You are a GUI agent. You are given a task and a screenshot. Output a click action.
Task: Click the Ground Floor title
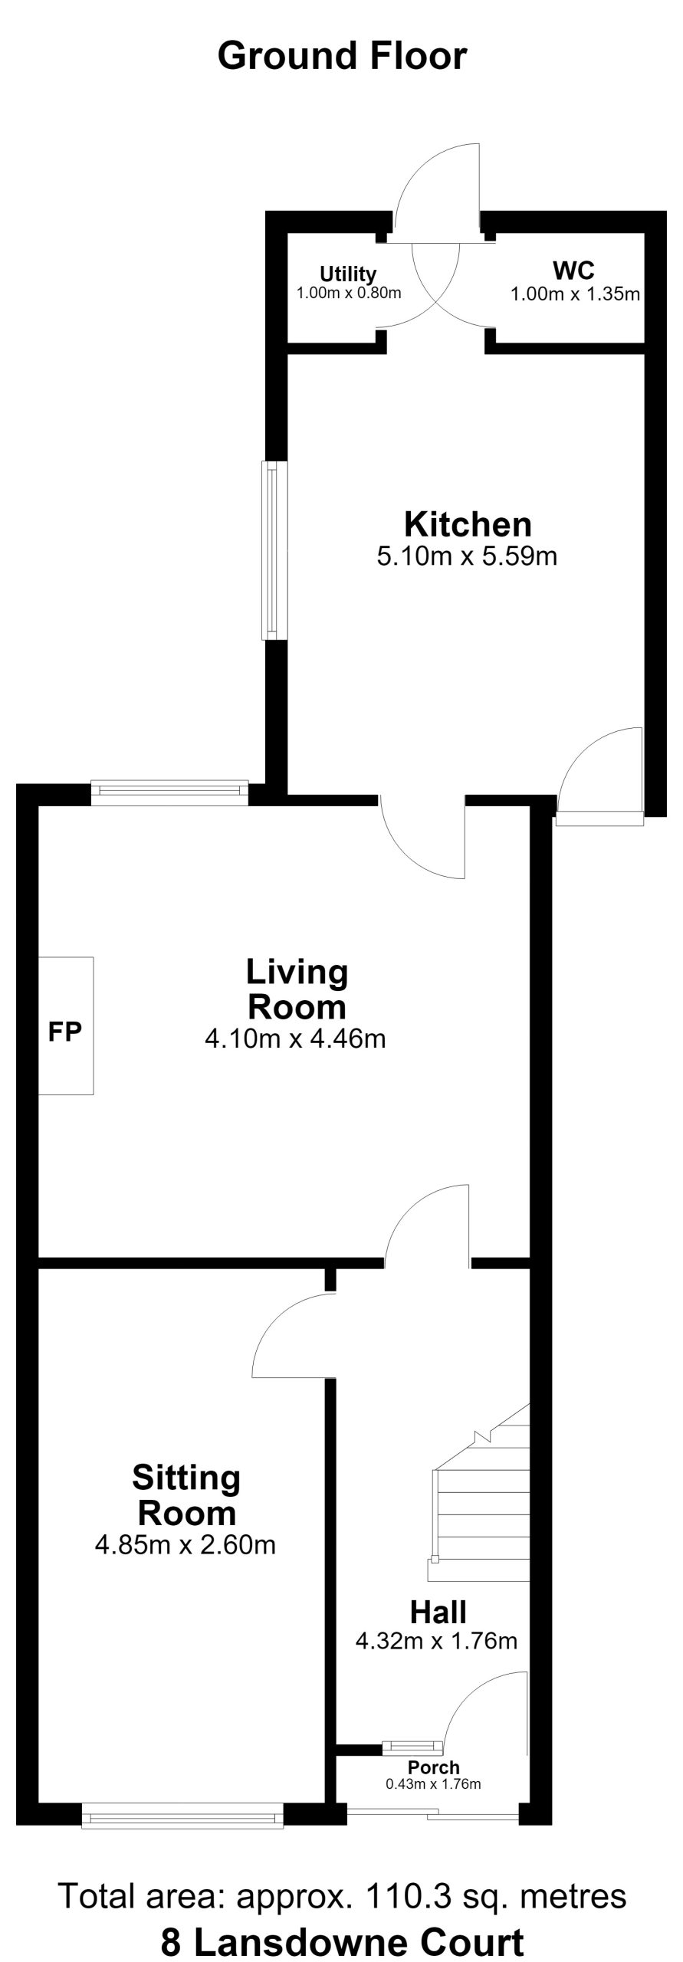[342, 57]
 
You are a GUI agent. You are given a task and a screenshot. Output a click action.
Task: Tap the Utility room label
[348, 274]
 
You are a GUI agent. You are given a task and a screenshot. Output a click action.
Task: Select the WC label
[573, 270]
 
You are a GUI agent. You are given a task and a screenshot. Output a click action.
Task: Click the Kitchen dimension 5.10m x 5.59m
[467, 556]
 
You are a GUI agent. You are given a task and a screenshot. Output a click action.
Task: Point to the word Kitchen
[468, 524]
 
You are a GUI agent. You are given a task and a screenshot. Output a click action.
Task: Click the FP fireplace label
[64, 1032]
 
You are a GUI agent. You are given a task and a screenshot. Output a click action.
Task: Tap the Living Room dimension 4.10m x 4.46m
[295, 1039]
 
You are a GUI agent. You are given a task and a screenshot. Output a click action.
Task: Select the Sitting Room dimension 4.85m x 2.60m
[186, 1544]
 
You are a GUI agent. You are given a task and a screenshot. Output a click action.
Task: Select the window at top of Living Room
[169, 793]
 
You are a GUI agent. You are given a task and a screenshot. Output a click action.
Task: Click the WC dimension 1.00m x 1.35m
[576, 294]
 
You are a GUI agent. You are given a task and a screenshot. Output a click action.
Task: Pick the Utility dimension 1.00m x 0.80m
[349, 293]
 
